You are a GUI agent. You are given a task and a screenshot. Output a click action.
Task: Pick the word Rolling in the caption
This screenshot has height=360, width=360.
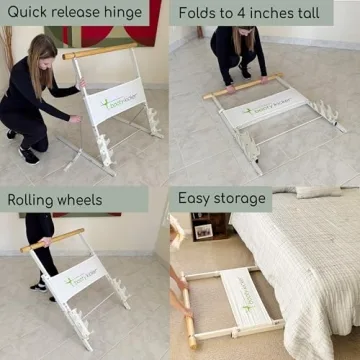[x=31, y=199]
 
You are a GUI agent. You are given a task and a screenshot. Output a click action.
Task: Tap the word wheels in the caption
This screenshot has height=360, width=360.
[x=81, y=199]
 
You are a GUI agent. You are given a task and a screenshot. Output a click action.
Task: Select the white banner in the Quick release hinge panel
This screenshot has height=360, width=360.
[x=116, y=101]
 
